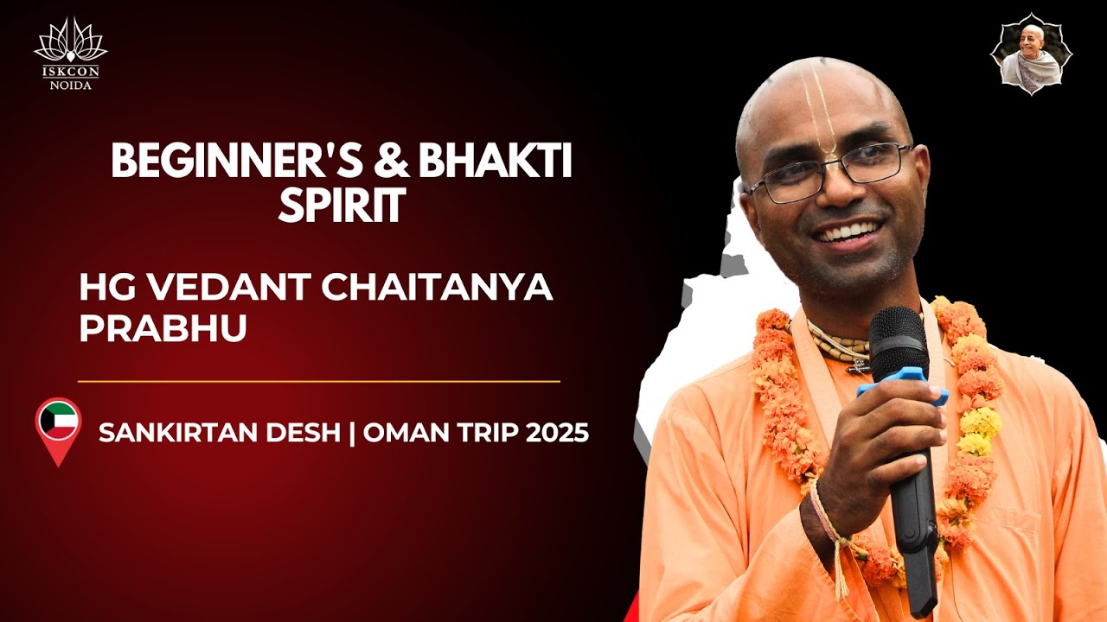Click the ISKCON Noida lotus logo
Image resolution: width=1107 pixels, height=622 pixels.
click(x=71, y=48)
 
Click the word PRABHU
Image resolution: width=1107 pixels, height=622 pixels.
click(x=163, y=329)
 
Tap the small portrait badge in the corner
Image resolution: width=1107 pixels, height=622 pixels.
click(x=1030, y=54)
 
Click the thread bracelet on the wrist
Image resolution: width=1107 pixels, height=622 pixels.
click(x=830, y=536)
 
